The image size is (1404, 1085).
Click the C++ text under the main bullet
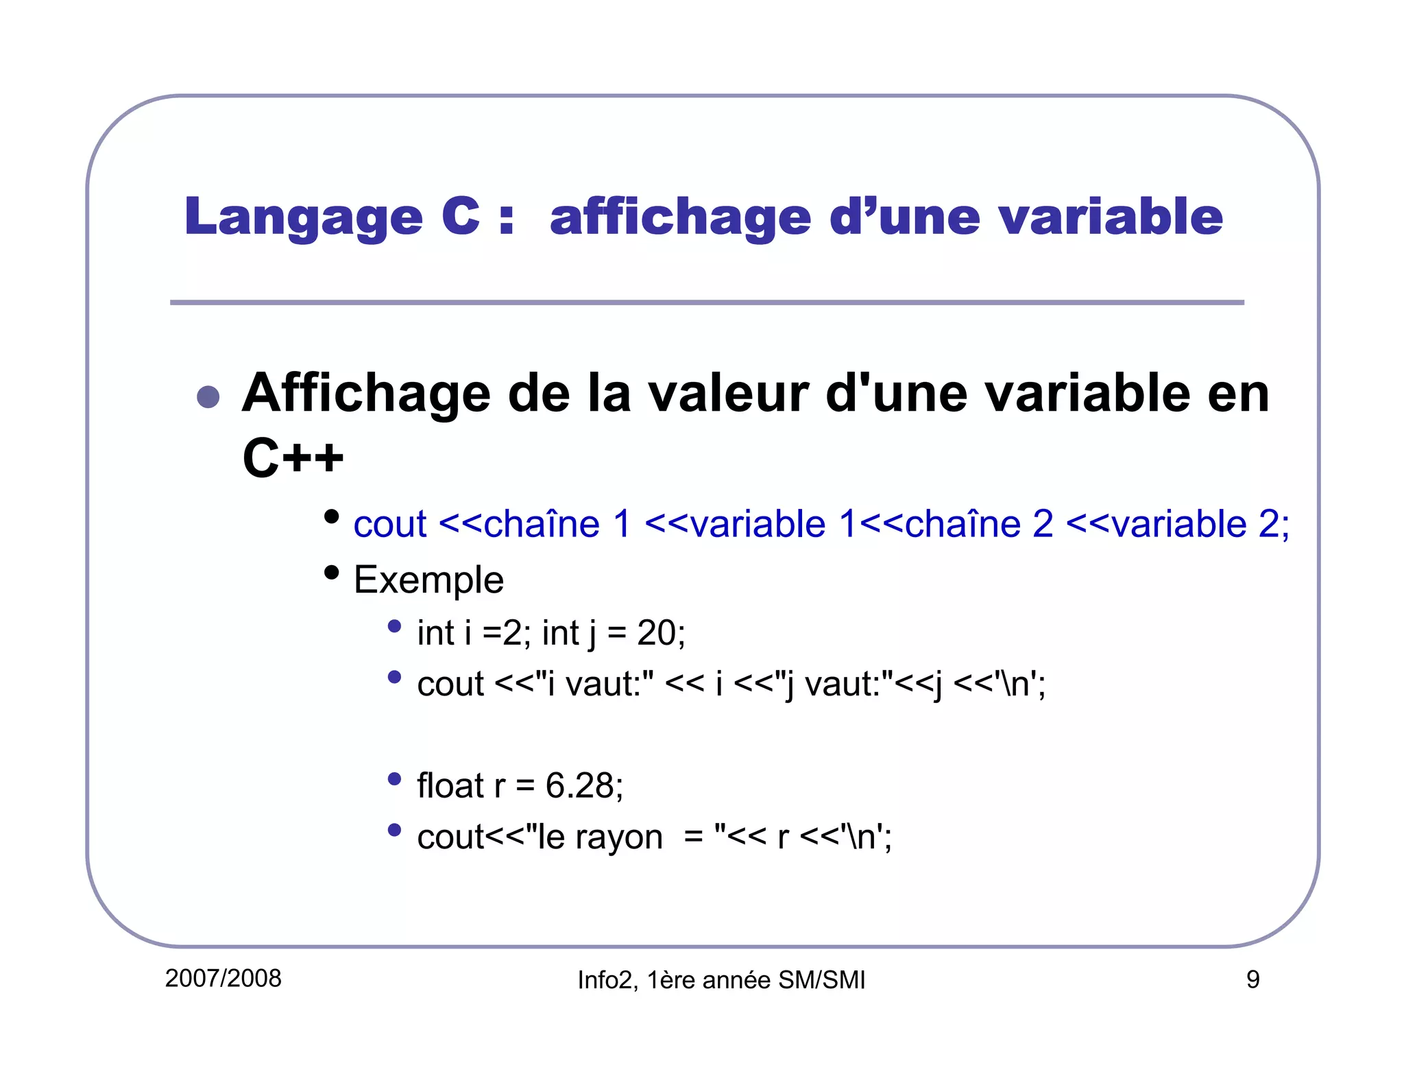pyautogui.click(x=293, y=457)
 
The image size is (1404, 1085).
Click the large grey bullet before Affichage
pyautogui.click(x=208, y=396)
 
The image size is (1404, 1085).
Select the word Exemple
pyautogui.click(x=428, y=580)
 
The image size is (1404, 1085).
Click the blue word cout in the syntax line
pyautogui.click(x=389, y=525)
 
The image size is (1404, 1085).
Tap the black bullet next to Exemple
pyautogui.click(x=332, y=572)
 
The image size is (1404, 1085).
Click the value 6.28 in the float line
pyautogui.click(x=579, y=785)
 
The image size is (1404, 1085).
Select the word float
pyautogui.click(x=450, y=785)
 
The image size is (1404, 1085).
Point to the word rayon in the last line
pyautogui.click(x=619, y=837)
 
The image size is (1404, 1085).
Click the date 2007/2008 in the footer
pyautogui.click(x=223, y=979)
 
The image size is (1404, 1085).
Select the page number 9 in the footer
pyautogui.click(x=1252, y=980)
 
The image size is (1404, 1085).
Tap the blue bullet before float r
pyautogui.click(x=394, y=779)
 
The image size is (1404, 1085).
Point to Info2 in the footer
pyautogui.click(x=604, y=981)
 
